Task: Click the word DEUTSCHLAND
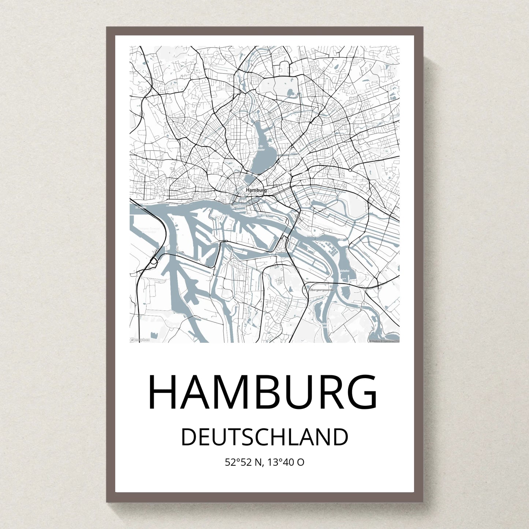pyautogui.click(x=264, y=437)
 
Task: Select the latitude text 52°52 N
pyautogui.click(x=243, y=462)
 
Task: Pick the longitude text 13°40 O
pyautogui.click(x=286, y=462)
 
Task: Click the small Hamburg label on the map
pyautogui.click(x=256, y=190)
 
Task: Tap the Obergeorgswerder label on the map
pyautogui.click(x=322, y=290)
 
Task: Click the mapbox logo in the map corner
pyautogui.click(x=140, y=340)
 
